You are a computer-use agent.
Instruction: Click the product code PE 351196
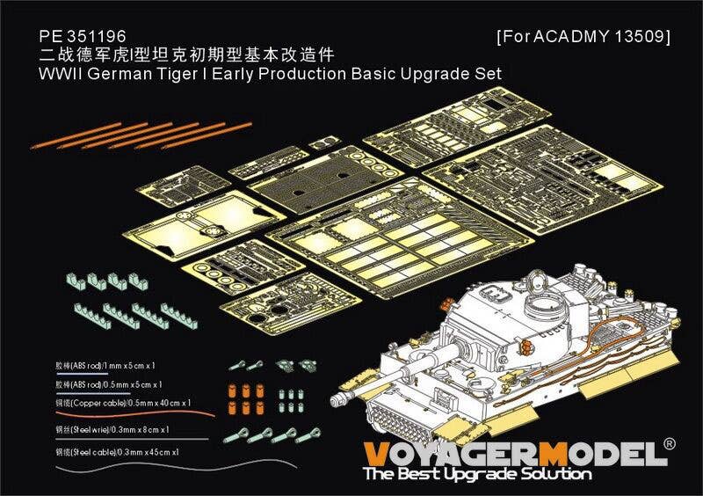coord(83,36)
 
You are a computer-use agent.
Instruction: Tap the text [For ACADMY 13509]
coord(583,37)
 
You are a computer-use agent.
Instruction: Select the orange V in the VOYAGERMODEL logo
coord(375,453)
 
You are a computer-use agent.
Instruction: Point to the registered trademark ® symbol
coord(670,445)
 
